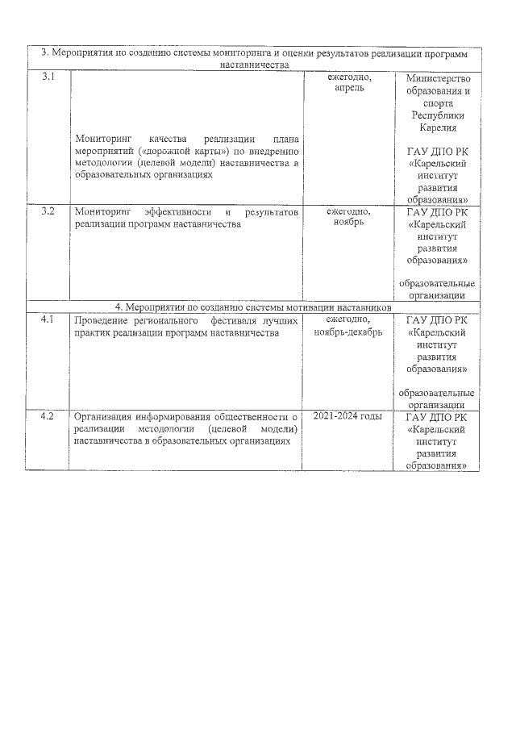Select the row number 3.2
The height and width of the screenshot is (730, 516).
click(x=48, y=212)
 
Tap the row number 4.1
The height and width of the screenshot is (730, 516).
click(x=48, y=320)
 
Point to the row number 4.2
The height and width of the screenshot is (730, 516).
click(x=48, y=417)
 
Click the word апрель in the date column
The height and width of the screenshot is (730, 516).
click(x=348, y=88)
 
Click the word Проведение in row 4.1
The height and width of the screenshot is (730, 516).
click(x=99, y=320)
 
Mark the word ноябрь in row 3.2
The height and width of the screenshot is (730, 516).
click(x=348, y=223)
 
